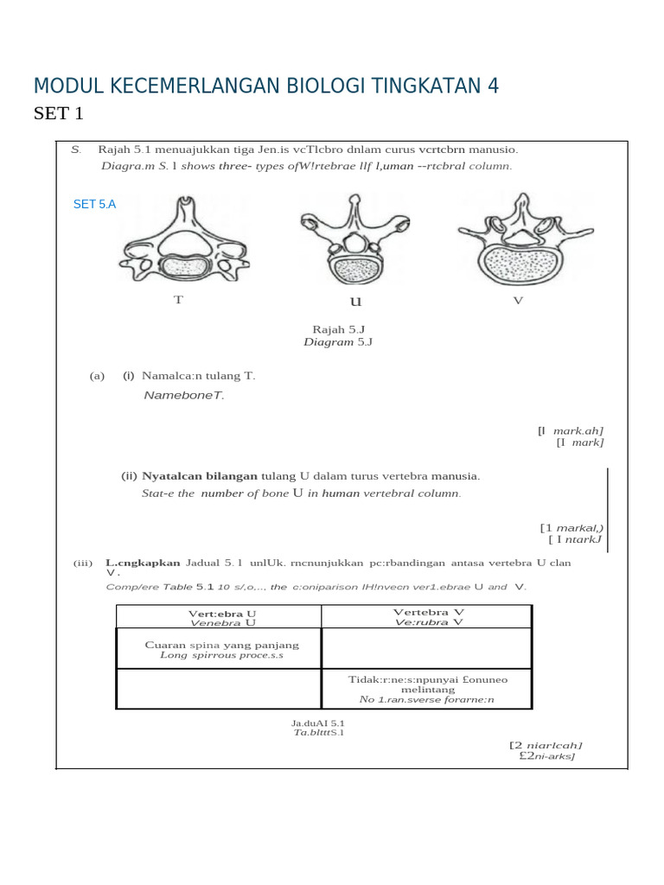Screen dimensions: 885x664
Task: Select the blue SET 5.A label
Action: (94, 204)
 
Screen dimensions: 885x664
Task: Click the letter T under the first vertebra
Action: (178, 300)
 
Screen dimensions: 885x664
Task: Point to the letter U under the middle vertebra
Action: (355, 302)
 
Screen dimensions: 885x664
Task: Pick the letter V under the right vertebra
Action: (518, 300)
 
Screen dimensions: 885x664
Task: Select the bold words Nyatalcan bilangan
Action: (200, 476)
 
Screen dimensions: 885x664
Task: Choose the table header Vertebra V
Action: (428, 612)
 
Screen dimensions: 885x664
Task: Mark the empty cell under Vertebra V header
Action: (426, 647)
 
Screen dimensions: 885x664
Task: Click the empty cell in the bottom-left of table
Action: (219, 689)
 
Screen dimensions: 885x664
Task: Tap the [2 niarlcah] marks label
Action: (546, 744)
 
